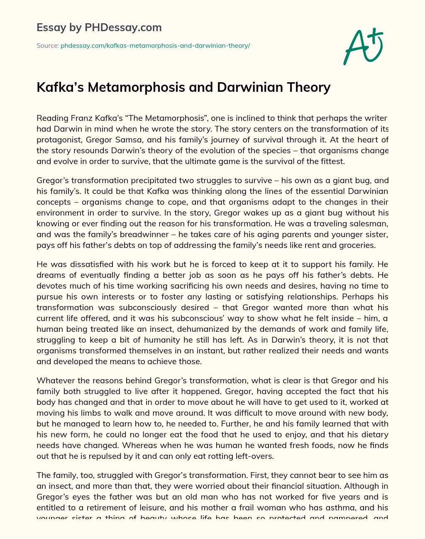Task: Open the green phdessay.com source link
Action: tap(155, 46)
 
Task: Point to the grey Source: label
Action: tap(47, 46)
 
